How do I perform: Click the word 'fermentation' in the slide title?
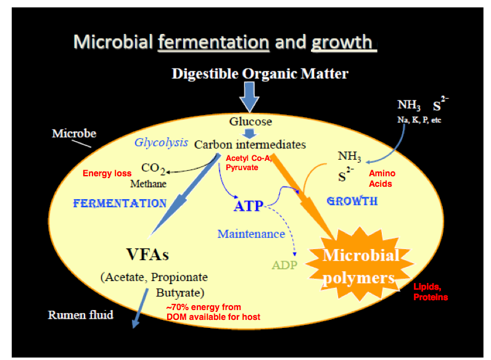point(213,42)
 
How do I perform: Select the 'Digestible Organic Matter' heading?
point(260,74)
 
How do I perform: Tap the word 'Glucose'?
point(250,121)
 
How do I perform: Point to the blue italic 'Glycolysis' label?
point(161,142)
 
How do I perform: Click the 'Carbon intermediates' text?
point(250,145)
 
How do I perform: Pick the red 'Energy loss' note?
point(107,173)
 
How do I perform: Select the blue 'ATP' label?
point(248,205)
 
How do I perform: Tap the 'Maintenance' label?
point(251,234)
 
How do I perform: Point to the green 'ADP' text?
point(284,266)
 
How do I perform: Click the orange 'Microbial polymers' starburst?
point(360,266)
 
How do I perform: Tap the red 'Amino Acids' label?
point(381,179)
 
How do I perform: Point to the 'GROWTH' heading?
point(352,201)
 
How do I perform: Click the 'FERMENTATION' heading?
point(120,203)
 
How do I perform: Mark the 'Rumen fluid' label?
point(81,315)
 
